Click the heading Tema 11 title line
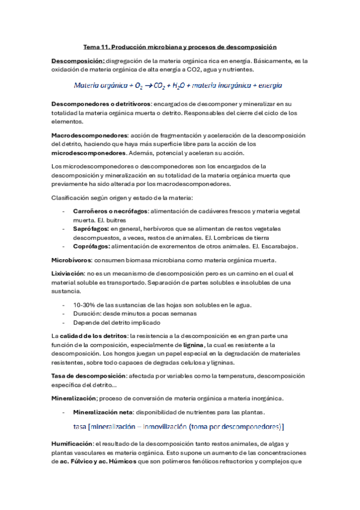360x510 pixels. coord(180,47)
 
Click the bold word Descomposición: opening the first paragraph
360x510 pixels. coord(78,61)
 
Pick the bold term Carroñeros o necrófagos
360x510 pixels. coord(110,211)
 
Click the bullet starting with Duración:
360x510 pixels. coord(143,313)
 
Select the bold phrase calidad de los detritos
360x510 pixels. coord(94,336)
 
